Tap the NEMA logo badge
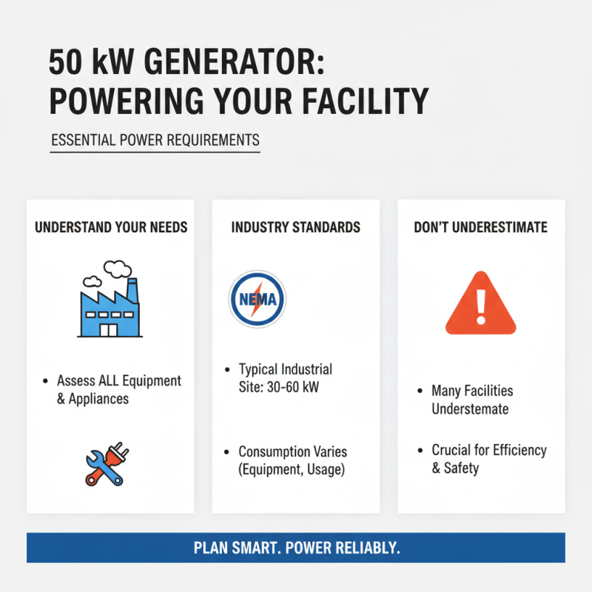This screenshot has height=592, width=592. click(x=257, y=299)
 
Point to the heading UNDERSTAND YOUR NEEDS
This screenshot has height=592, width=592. click(x=111, y=227)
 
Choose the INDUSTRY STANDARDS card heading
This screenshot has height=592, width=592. click(x=296, y=227)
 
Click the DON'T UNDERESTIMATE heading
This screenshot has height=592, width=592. click(x=481, y=227)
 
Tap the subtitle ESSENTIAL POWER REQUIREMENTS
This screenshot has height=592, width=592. click(x=155, y=140)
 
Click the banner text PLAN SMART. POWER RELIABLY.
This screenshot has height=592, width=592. click(x=296, y=548)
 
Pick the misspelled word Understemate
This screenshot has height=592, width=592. click(x=471, y=408)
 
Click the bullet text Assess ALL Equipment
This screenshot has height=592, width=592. click(x=119, y=381)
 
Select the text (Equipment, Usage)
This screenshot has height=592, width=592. click(x=292, y=469)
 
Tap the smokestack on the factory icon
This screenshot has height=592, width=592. click(x=132, y=289)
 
